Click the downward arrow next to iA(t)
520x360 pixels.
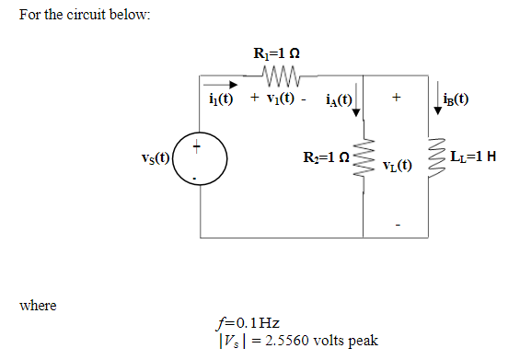point(358,101)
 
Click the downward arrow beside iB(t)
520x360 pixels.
point(435,99)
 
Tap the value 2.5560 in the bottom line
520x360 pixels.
point(287,341)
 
